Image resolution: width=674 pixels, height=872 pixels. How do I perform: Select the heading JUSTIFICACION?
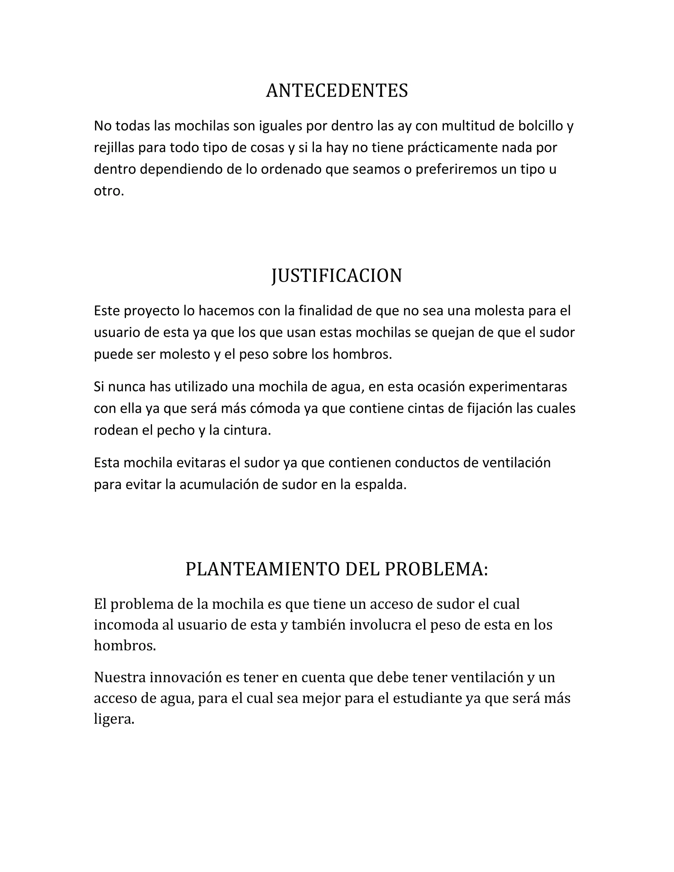coord(337,275)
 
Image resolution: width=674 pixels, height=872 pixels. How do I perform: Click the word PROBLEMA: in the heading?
coord(436,569)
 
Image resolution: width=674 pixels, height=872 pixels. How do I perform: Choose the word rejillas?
coord(115,148)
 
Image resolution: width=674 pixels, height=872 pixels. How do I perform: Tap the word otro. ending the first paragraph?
coord(109,191)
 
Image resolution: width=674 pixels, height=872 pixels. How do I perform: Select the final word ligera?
coord(114,719)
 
